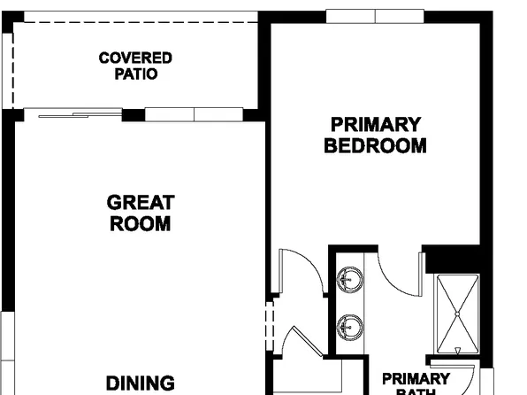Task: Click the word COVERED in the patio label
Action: coord(135,58)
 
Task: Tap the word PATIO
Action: coord(135,74)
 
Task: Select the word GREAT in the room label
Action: coord(141,203)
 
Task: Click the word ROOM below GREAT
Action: coord(141,224)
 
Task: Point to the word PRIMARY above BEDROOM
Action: coord(375,124)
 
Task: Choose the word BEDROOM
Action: coord(375,145)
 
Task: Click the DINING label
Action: coord(141,383)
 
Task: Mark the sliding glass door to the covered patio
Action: coord(73,113)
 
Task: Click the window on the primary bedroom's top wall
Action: coord(375,16)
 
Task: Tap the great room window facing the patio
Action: coord(193,114)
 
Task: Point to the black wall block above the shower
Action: coord(453,259)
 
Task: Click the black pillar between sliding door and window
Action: coord(133,115)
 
